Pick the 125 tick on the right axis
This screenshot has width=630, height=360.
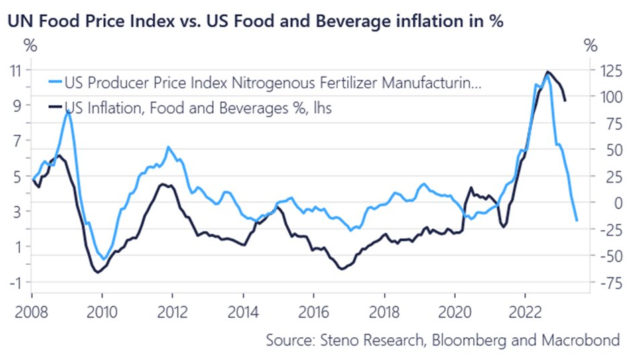tap(601, 70)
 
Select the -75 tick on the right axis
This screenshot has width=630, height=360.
tap(601, 282)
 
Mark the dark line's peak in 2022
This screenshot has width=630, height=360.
tap(548, 71)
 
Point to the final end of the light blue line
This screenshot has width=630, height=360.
tap(576, 220)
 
